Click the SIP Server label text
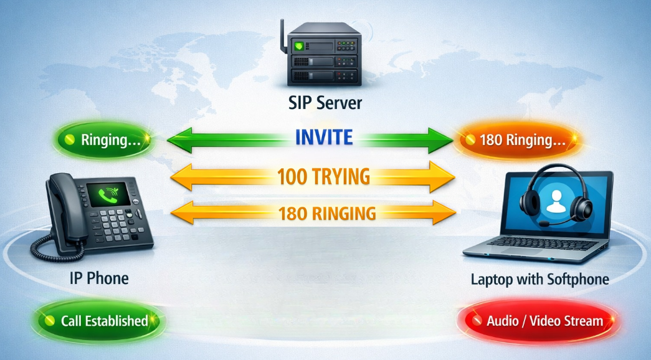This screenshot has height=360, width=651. pos(325,103)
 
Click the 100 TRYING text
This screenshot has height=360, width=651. pos(324,177)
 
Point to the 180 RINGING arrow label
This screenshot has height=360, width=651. pos(327,214)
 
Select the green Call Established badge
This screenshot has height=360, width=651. pos(98,321)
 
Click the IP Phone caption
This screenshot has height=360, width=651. pos(99,278)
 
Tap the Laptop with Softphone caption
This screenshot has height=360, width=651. pos(539,280)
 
